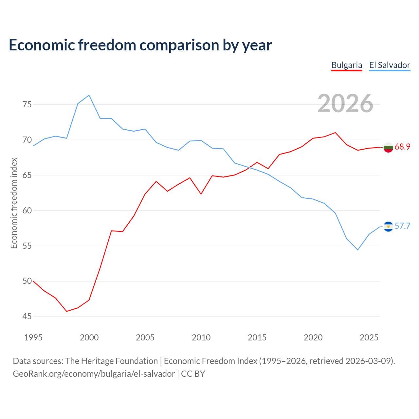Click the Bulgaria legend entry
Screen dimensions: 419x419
click(x=347, y=65)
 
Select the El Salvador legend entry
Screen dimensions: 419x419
click(x=390, y=65)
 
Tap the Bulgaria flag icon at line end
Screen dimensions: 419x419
click(x=388, y=147)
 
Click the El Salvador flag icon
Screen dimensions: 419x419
click(x=388, y=227)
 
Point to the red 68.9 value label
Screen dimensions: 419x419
click(x=402, y=147)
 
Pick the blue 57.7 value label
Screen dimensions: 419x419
click(x=402, y=226)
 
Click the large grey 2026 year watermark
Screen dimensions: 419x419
click(x=345, y=103)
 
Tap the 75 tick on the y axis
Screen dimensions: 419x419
click(x=27, y=105)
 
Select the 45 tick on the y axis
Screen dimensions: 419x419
click(x=27, y=316)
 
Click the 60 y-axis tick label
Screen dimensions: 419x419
click(x=27, y=210)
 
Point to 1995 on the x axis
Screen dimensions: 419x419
click(x=33, y=338)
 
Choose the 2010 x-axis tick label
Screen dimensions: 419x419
click(x=201, y=338)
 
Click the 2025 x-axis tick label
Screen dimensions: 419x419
click(x=369, y=338)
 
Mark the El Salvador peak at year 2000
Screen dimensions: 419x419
click(x=89, y=95)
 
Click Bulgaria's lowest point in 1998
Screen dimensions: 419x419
click(x=66, y=311)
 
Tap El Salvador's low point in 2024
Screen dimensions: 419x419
click(x=358, y=250)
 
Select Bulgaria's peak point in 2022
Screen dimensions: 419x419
click(x=335, y=133)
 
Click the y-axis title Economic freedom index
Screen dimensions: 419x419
click(x=14, y=203)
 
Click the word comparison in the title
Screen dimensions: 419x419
click(x=179, y=45)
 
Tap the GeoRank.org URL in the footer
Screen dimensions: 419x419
click(x=94, y=374)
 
